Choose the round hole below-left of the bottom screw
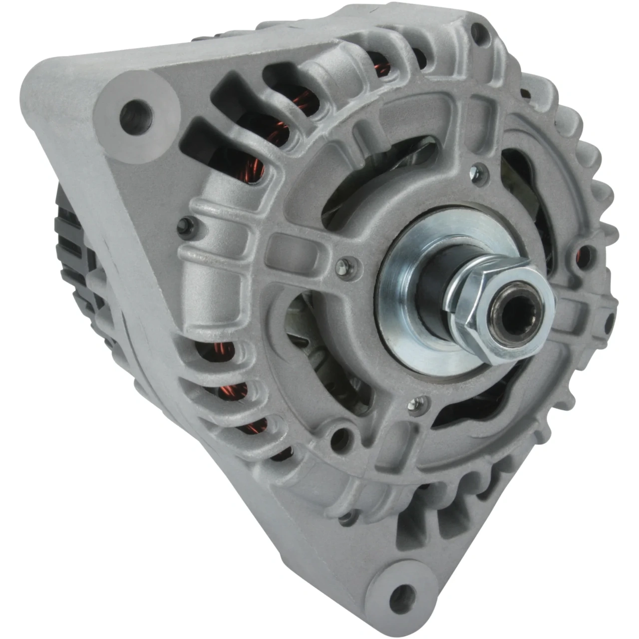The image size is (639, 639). click(339, 435)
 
